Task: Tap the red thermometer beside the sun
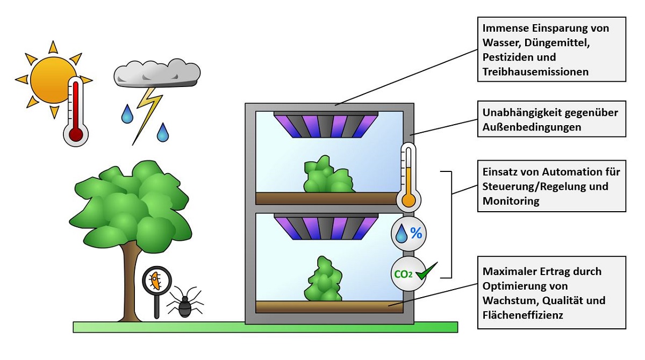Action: click(x=76, y=113)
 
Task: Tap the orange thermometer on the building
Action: click(x=409, y=177)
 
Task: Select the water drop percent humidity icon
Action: click(x=409, y=233)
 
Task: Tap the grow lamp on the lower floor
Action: click(x=326, y=226)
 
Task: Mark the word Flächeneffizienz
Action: click(x=522, y=315)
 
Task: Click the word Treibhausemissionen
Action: click(x=535, y=71)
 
